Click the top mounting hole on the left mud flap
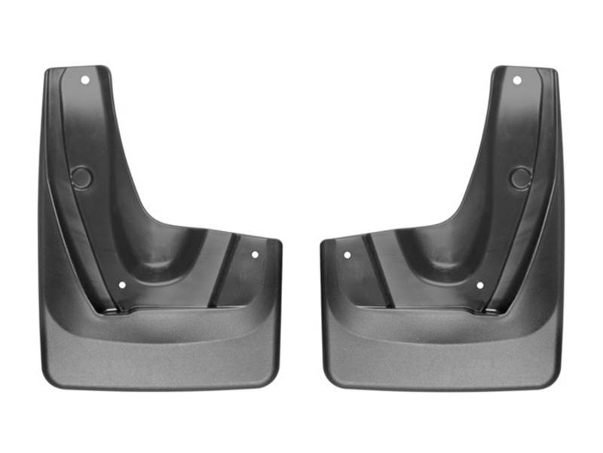84,79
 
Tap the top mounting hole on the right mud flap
517,79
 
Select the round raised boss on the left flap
81,178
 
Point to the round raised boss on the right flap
520,178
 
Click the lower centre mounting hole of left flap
122,285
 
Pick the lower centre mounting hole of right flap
479,285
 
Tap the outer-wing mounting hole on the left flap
255,254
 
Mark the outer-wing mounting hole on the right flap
347,255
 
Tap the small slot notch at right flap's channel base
490,310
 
